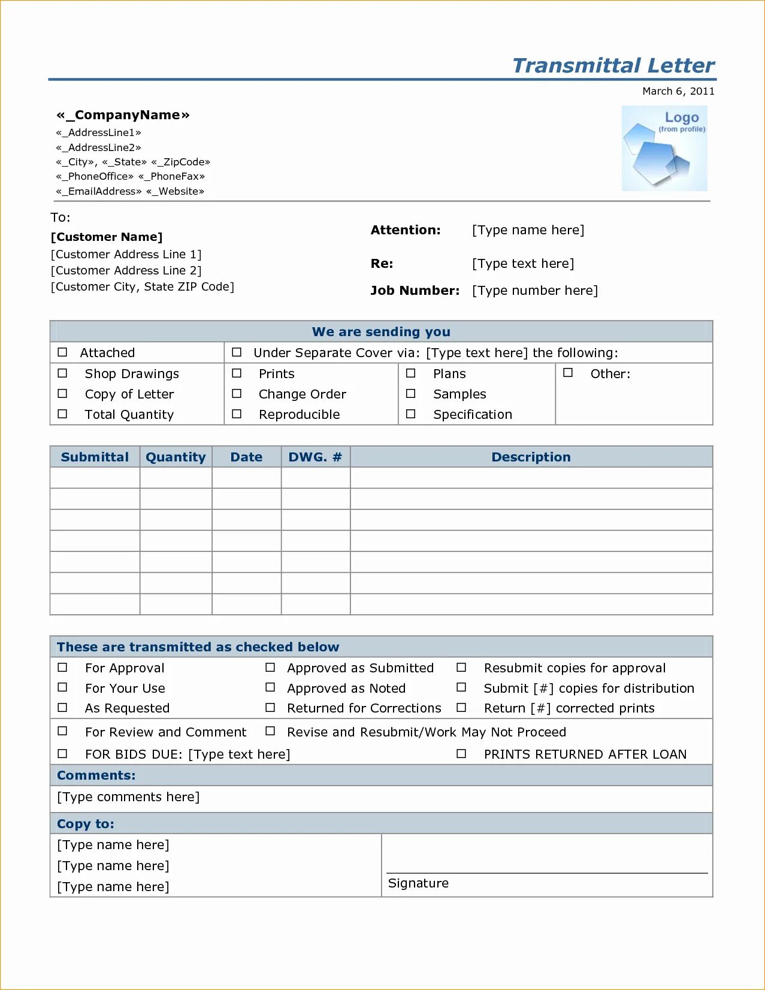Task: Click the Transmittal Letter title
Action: tap(613, 65)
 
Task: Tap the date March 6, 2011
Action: tap(678, 91)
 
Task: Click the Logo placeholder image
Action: tap(664, 149)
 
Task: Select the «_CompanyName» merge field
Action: tap(123, 115)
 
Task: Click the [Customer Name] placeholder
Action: tap(107, 237)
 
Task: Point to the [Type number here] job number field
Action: tap(534, 291)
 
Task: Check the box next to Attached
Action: tap(62, 352)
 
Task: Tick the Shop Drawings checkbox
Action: tap(62, 373)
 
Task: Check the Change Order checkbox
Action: tap(237, 394)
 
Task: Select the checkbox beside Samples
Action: tap(411, 394)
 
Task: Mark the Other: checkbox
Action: tap(568, 373)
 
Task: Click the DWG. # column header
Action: tap(315, 457)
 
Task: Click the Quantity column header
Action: tap(176, 457)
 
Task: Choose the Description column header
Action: tap(531, 457)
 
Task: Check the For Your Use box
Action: tap(62, 687)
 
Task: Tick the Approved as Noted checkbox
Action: tap(270, 687)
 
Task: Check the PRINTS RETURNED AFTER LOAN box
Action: tap(461, 754)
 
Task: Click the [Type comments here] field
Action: tap(128, 797)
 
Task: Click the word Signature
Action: tap(418, 883)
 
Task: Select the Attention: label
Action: tap(406, 230)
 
